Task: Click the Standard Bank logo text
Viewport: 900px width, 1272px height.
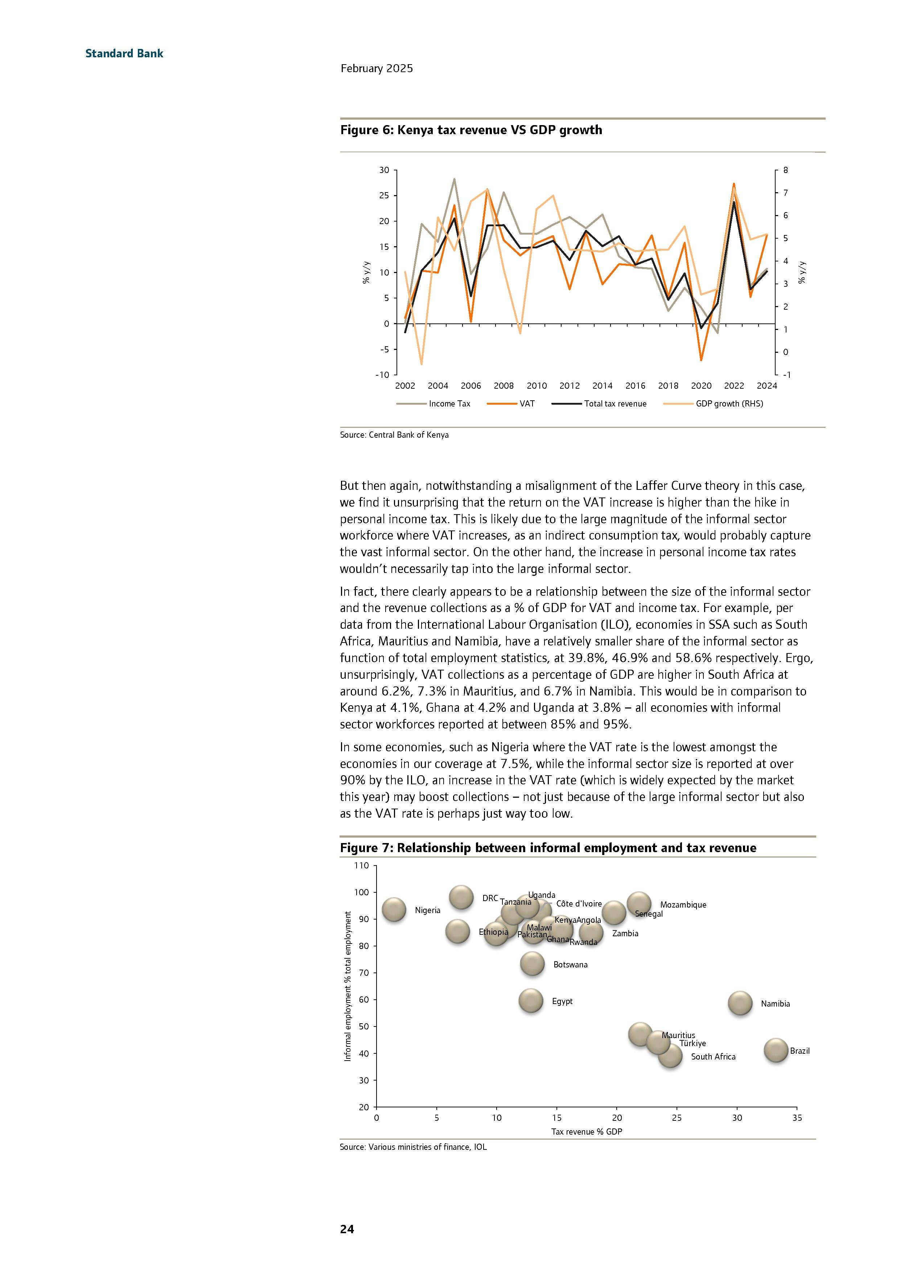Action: (x=124, y=54)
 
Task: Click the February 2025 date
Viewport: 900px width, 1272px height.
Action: (x=376, y=69)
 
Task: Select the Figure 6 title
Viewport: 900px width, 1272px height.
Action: (x=470, y=130)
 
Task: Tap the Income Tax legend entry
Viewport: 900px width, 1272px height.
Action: (x=449, y=404)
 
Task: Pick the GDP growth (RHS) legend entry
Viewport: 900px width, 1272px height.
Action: (x=729, y=404)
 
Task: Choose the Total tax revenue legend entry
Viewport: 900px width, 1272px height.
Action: (x=615, y=404)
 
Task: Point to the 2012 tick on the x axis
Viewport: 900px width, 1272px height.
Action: (x=569, y=385)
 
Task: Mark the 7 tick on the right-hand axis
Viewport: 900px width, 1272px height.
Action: (x=785, y=193)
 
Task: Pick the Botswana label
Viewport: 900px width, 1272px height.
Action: (x=570, y=965)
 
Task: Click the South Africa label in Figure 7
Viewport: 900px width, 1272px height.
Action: (x=713, y=1057)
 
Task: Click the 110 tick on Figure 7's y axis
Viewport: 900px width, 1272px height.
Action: (x=361, y=866)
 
